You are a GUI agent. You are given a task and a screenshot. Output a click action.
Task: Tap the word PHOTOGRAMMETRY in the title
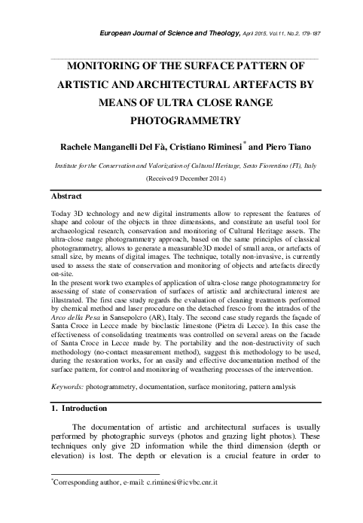181,120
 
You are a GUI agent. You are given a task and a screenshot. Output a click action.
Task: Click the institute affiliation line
181,163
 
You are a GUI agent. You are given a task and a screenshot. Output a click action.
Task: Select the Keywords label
61,385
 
